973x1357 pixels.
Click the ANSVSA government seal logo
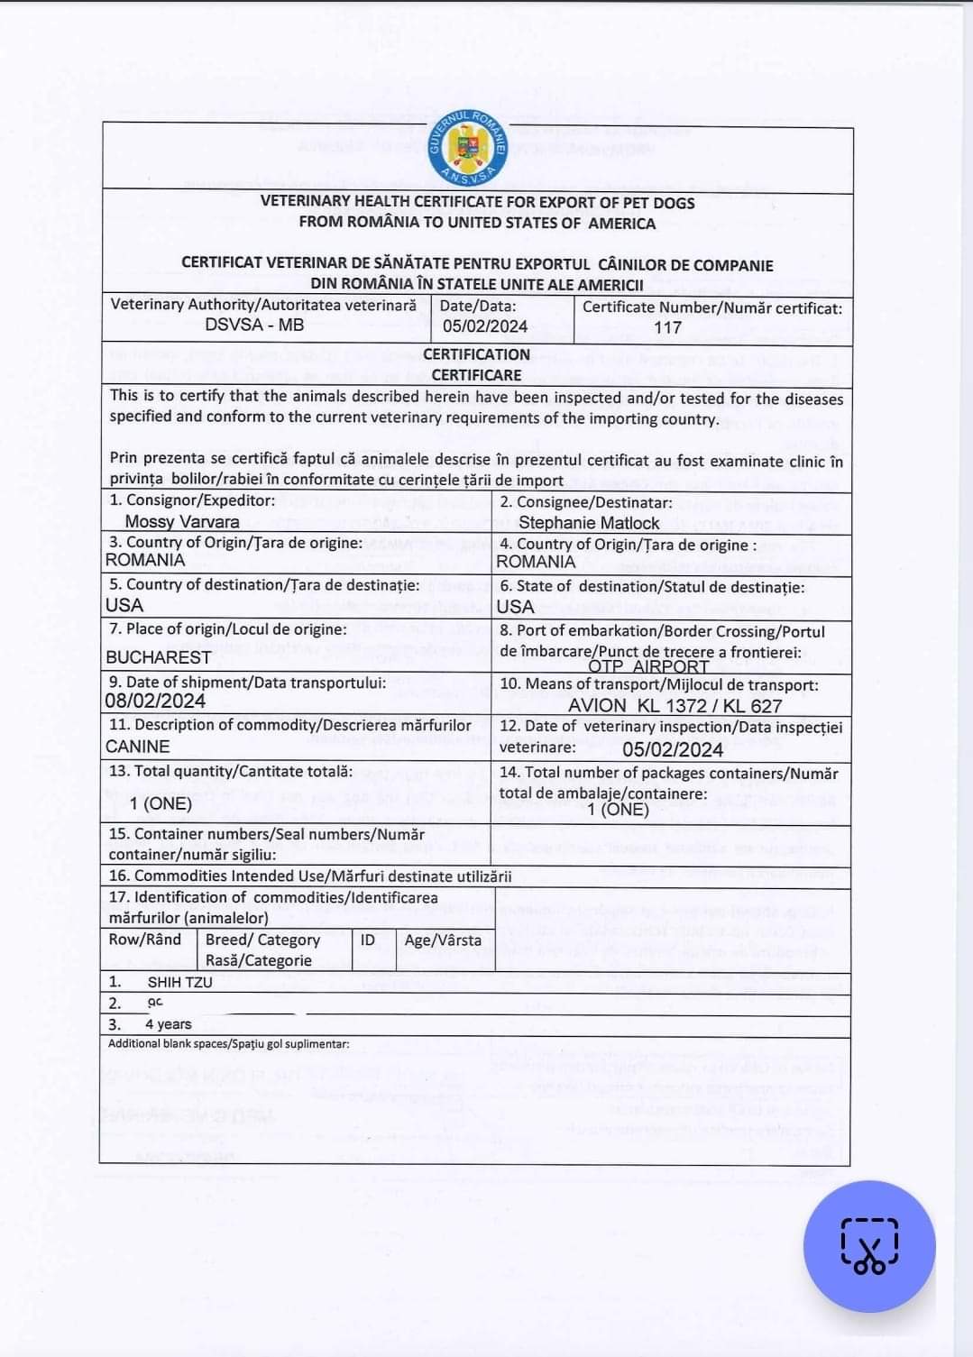[469, 147]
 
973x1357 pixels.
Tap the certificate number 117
[667, 327]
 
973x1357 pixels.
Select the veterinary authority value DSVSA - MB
[254, 325]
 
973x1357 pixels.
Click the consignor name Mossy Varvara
[182, 521]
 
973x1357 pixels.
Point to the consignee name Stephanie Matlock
[589, 522]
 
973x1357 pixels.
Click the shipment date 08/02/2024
[155, 701]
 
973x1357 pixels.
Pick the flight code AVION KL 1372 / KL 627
[675, 706]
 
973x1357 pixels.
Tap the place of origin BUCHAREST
[159, 656]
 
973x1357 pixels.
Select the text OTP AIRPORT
[648, 666]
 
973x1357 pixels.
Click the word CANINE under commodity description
[137, 746]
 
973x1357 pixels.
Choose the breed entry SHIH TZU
[180, 982]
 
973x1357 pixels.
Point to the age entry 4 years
[169, 1023]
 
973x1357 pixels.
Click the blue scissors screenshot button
[869, 1246]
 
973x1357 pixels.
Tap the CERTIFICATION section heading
[476, 354]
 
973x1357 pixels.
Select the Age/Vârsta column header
[443, 940]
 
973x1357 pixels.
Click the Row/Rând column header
[144, 940]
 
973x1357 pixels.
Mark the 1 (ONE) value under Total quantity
[161, 802]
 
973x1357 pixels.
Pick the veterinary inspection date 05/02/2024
[673, 749]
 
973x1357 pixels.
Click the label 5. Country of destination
[264, 584]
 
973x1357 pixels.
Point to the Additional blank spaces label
[229, 1043]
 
